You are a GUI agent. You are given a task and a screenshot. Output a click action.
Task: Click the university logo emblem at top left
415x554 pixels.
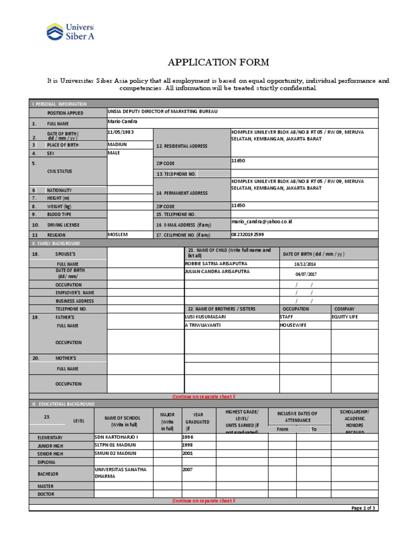[55, 32]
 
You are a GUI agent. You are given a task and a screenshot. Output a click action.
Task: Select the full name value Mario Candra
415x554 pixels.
[123, 122]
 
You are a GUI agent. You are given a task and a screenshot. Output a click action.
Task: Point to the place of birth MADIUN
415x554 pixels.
[117, 144]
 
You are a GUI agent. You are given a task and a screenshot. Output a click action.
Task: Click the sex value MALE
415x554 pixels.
[114, 153]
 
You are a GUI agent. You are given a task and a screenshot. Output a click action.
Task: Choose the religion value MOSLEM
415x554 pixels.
[119, 234]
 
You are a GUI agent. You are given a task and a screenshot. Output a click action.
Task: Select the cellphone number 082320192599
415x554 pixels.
[247, 234]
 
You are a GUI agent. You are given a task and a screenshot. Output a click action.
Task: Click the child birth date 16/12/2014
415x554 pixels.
[304, 264]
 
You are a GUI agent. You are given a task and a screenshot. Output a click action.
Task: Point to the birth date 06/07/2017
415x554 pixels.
[304, 274]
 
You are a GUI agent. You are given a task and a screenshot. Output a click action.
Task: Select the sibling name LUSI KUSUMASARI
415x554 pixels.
[205, 316]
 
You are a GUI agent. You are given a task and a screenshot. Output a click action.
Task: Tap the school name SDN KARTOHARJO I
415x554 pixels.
[116, 436]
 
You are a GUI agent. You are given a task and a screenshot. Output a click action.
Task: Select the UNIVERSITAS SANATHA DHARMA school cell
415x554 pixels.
[121, 473]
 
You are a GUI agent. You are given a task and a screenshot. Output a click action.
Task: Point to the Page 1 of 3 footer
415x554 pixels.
[364, 508]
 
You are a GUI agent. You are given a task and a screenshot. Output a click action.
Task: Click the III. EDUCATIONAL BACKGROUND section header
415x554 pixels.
[64, 404]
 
